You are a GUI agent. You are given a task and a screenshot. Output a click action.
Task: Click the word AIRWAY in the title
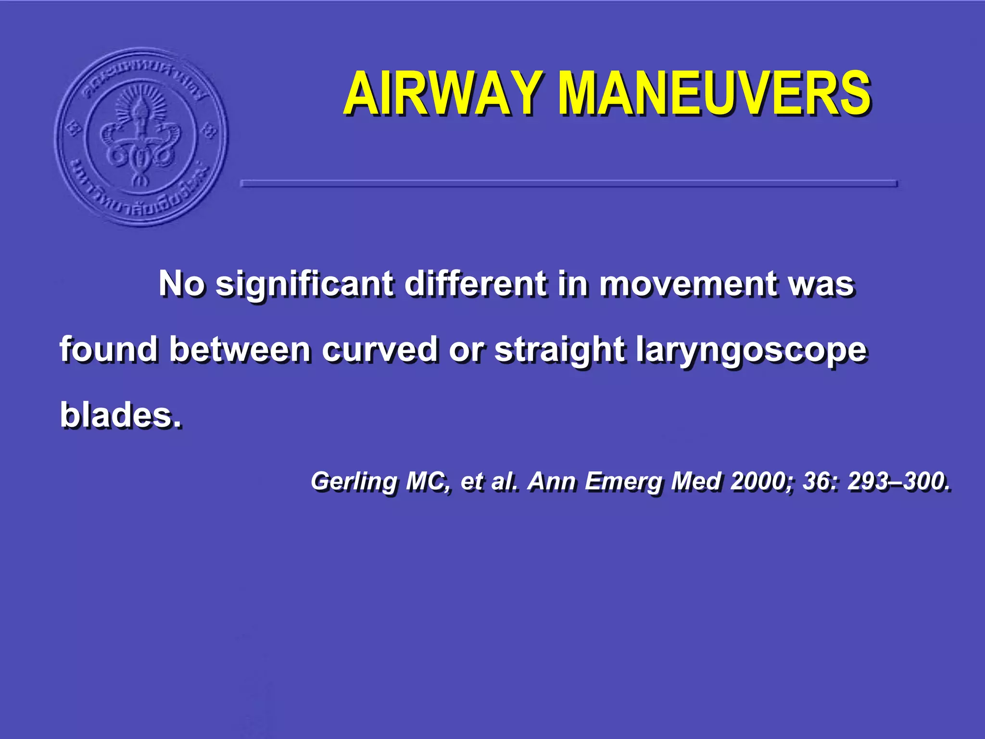[442, 93]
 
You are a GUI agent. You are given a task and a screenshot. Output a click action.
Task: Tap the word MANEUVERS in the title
[715, 93]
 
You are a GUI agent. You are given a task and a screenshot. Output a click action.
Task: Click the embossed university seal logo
[141, 137]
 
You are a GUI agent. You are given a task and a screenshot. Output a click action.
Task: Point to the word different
[475, 284]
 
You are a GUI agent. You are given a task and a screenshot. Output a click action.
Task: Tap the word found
[109, 349]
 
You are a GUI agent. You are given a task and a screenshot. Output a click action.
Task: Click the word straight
[560, 350]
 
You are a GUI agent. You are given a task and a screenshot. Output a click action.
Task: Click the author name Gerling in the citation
[354, 481]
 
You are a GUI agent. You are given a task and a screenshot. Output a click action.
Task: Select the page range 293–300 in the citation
[898, 481]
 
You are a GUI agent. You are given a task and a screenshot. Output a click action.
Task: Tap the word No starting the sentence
[182, 284]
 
